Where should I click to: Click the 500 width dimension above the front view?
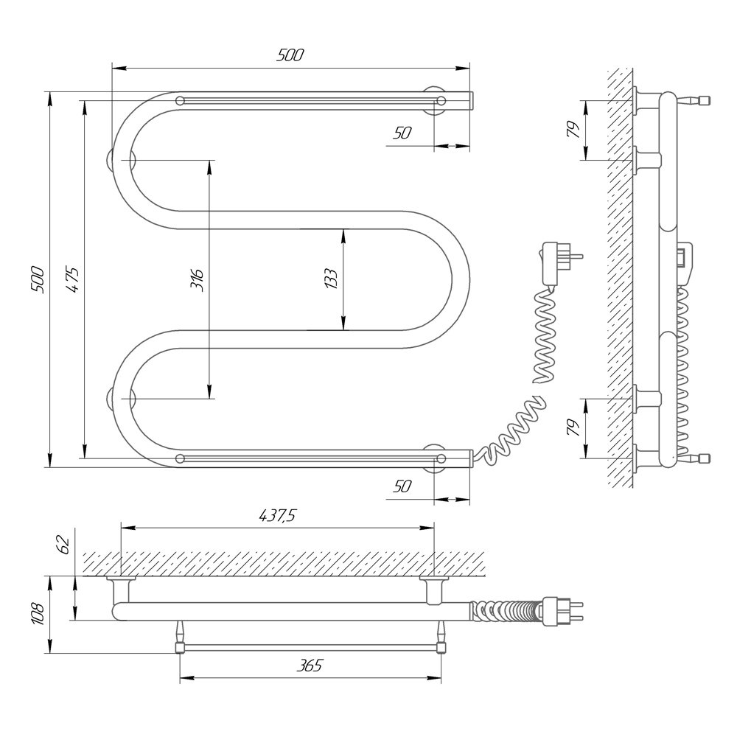tap(290, 55)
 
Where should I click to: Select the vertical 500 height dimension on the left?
tap(38, 279)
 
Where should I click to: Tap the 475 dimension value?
tap(72, 279)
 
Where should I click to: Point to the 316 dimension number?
tap(198, 280)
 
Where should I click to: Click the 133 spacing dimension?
tap(331, 279)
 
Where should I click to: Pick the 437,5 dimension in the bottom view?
tap(277, 516)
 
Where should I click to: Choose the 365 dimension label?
tap(310, 665)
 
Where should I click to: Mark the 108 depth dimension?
tap(38, 614)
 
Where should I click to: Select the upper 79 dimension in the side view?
tap(574, 129)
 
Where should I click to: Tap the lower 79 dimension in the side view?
tap(574, 427)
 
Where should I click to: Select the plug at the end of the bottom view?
tap(562, 611)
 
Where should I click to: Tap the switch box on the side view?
tap(685, 263)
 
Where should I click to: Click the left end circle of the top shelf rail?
tap(180, 100)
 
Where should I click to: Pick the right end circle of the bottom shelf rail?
tap(441, 458)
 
